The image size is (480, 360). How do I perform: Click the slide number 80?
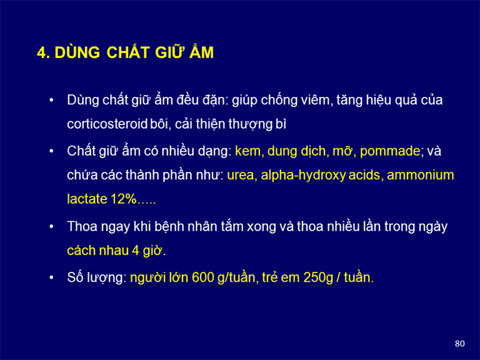click(460, 344)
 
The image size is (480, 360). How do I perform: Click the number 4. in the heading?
click(43, 52)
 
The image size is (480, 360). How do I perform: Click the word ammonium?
click(421, 176)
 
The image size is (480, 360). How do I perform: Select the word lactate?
click(87, 199)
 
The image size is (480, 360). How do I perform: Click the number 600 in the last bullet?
click(202, 277)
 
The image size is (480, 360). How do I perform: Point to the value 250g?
click(318, 278)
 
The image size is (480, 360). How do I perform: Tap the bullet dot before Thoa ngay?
click(51, 226)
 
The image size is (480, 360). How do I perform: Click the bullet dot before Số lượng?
click(51, 277)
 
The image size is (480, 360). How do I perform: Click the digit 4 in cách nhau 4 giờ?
click(136, 251)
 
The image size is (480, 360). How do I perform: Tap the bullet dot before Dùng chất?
click(51, 100)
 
